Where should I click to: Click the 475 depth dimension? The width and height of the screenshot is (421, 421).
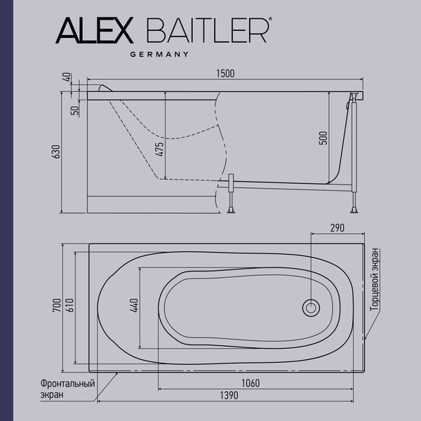160,149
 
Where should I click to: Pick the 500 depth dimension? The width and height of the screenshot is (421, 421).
323,138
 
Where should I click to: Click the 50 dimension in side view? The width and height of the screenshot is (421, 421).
73,110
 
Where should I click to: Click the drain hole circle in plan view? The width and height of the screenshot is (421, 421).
310,307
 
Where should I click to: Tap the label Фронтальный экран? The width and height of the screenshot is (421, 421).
67,389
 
